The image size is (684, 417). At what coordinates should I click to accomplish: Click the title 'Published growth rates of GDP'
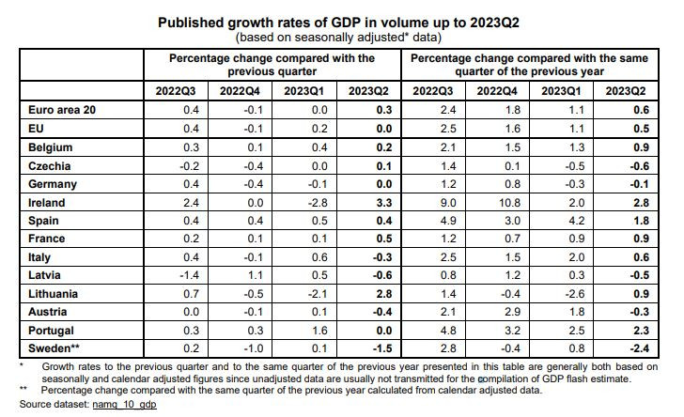tap(341, 23)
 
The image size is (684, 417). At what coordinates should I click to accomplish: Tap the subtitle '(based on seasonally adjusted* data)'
tap(341, 37)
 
